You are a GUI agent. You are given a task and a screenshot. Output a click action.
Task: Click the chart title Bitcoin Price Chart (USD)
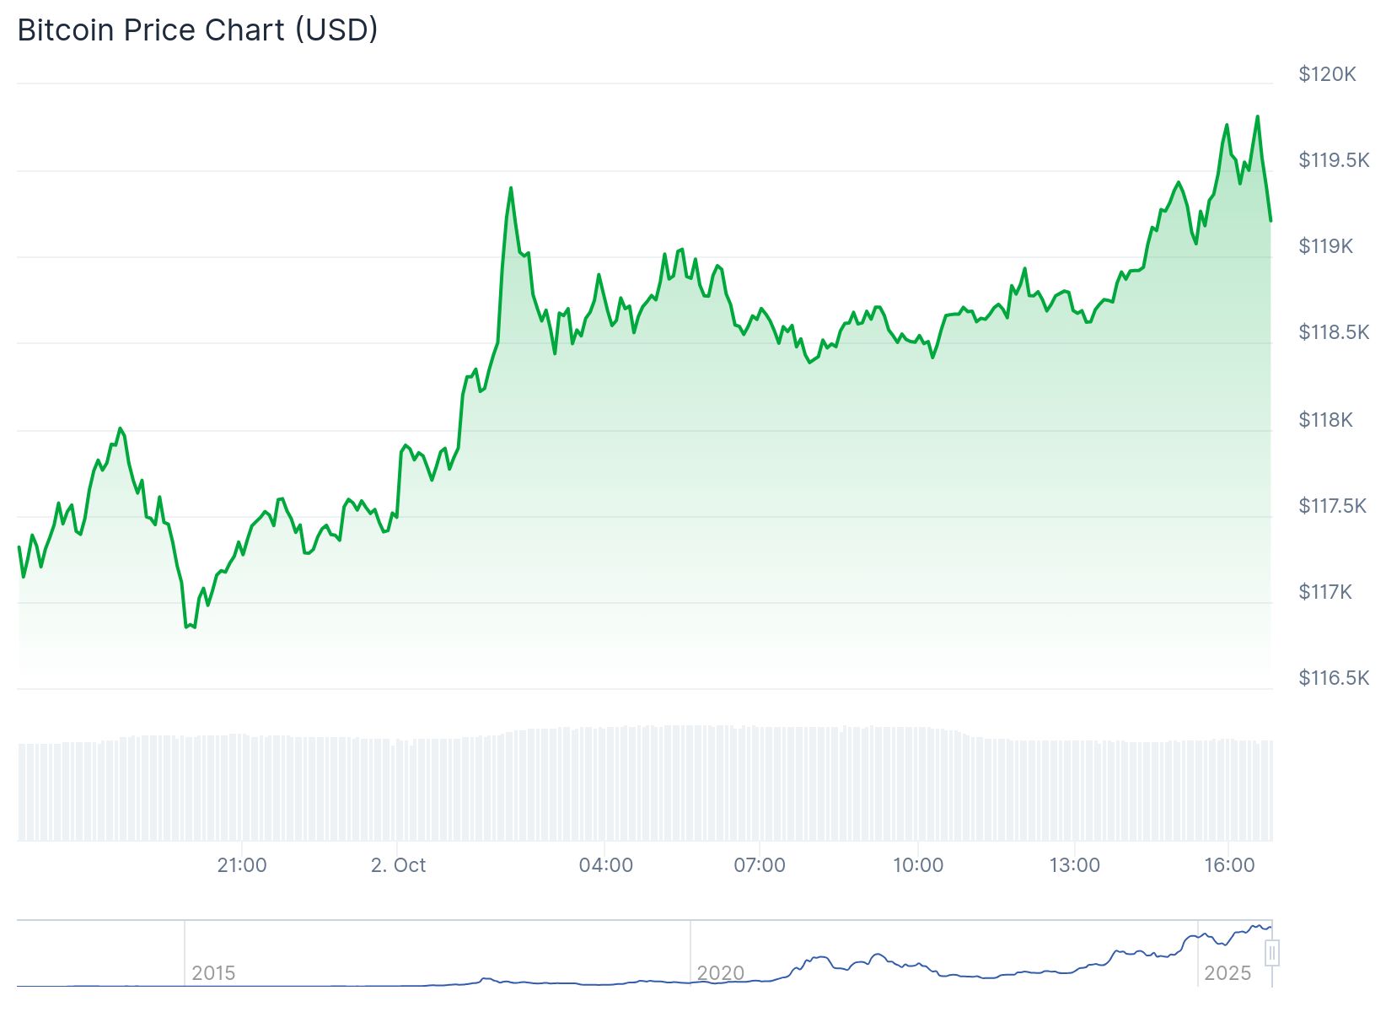(x=197, y=30)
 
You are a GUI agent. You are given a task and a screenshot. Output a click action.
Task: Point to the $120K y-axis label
(x=1327, y=74)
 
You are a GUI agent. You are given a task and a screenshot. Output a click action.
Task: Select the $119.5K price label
(x=1334, y=160)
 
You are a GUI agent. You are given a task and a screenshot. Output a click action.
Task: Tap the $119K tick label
(x=1325, y=246)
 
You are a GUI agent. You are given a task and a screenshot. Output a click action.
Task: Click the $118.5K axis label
(x=1334, y=332)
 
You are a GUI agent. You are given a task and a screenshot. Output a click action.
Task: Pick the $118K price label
(x=1325, y=420)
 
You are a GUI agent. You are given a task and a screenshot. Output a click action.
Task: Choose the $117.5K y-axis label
(x=1332, y=506)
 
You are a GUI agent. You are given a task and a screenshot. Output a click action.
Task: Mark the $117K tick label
(x=1324, y=592)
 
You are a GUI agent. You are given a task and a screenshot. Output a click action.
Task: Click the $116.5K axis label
(x=1334, y=678)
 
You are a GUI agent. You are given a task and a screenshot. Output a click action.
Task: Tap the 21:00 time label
(x=242, y=865)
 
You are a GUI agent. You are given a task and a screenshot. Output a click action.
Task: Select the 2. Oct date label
(x=398, y=865)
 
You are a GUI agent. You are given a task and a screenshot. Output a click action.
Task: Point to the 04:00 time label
(x=605, y=865)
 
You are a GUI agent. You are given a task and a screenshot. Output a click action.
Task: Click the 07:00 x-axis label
(x=760, y=865)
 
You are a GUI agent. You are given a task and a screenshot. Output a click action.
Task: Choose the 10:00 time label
(x=918, y=865)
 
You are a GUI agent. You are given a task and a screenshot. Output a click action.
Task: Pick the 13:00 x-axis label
(x=1075, y=865)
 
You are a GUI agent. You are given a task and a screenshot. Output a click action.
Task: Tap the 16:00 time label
(x=1229, y=865)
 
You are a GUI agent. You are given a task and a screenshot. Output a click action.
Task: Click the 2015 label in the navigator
(x=213, y=973)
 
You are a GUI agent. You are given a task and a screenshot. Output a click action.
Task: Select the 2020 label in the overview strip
(x=721, y=973)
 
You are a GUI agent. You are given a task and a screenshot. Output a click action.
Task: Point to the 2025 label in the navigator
(x=1228, y=973)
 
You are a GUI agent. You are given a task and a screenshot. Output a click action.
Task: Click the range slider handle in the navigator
(x=1272, y=954)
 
